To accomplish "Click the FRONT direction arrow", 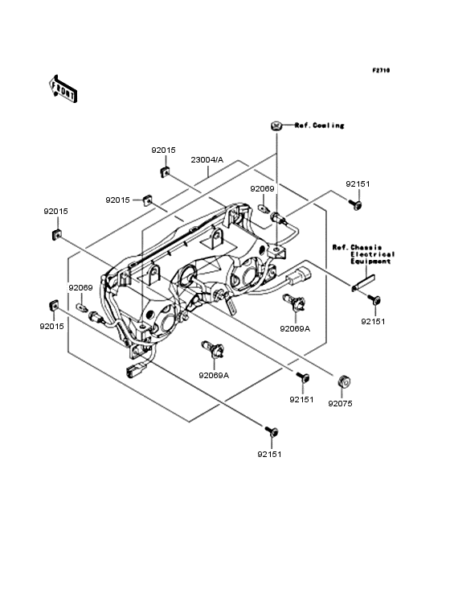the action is [63, 89].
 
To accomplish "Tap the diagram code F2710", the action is [381, 70].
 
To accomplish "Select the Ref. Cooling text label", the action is [319, 126].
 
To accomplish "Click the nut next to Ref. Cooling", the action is [276, 126].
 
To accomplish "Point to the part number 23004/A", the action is [207, 159].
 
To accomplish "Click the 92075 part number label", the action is [340, 403].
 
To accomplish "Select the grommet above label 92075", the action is [344, 381].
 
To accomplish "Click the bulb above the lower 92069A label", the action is [213, 348].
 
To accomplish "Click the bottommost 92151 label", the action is [269, 454].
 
